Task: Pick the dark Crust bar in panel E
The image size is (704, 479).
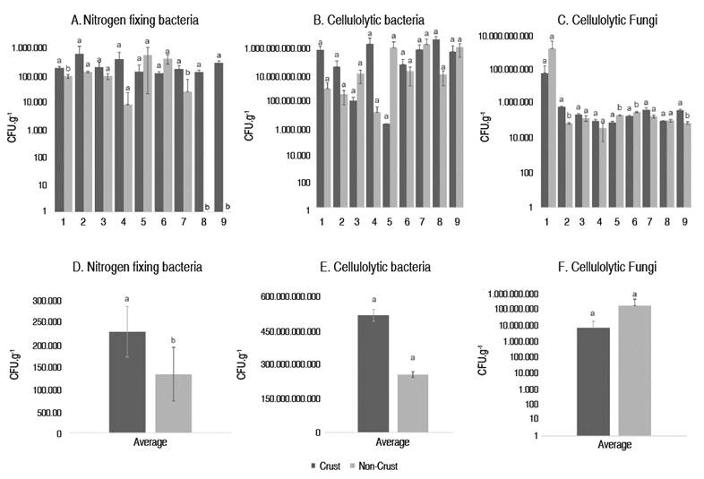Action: (x=348, y=374)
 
